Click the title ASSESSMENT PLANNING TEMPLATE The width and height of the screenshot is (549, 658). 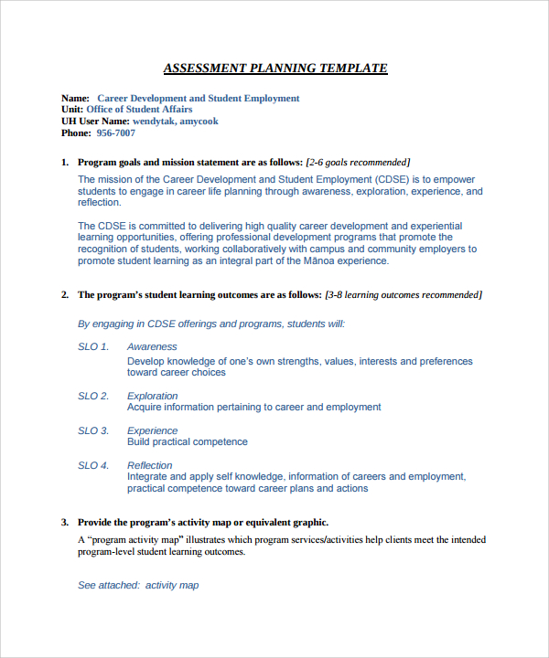pyautogui.click(x=274, y=69)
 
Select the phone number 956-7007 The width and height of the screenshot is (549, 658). pyautogui.click(x=115, y=133)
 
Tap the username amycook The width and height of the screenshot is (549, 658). pyautogui.click(x=199, y=122)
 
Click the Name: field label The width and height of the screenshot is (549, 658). pyautogui.click(x=75, y=99)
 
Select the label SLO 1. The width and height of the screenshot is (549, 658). pyautogui.click(x=93, y=347)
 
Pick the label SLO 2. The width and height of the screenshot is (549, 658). pyautogui.click(x=93, y=397)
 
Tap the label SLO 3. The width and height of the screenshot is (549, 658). pyautogui.click(x=93, y=431)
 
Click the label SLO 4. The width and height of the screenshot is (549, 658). pyautogui.click(x=93, y=466)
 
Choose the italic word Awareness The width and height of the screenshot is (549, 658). pyautogui.click(x=152, y=347)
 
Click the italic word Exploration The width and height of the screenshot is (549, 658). pyautogui.click(x=153, y=397)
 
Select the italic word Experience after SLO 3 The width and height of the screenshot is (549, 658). pyautogui.click(x=152, y=431)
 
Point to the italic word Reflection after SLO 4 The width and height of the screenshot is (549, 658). pyautogui.click(x=150, y=466)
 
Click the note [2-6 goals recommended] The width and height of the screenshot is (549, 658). pyautogui.click(x=358, y=162)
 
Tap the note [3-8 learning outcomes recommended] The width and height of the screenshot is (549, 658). pyautogui.click(x=404, y=295)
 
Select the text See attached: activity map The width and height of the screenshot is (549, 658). pyautogui.click(x=138, y=586)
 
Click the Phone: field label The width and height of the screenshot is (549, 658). pyautogui.click(x=76, y=133)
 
